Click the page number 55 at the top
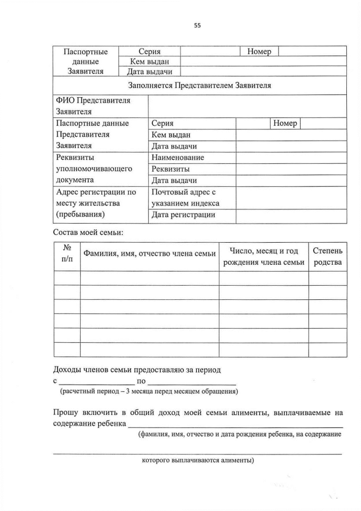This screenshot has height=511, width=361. tap(197, 25)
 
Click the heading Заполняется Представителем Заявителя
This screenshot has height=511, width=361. tap(200, 86)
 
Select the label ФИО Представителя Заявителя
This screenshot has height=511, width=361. tap(93, 106)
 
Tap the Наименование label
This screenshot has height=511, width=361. tap(178, 158)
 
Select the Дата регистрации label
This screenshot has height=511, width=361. tap(184, 215)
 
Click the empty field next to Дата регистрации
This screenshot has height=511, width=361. tap(290, 215)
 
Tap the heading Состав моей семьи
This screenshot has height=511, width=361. tap(88, 232)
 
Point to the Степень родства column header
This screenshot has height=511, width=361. tap(327, 256)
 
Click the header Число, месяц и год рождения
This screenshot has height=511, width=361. tap(263, 256)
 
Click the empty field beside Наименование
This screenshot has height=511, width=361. tap(290, 158)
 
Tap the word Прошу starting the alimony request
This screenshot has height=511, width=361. tap(67, 413)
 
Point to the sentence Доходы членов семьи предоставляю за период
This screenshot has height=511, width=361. tap(137, 370)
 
